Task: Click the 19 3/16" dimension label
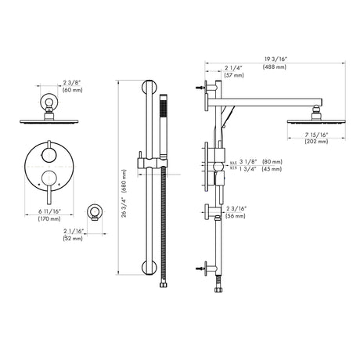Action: point(274,59)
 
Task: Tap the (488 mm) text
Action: point(275,67)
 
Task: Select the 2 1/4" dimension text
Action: point(233,68)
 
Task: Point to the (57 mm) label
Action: point(234,75)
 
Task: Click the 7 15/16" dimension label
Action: point(316,135)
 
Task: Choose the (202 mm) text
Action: point(316,142)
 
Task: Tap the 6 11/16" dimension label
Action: point(49,211)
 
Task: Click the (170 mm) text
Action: point(49,218)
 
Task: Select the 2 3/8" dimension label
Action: point(72,83)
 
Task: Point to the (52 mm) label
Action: point(73,238)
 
